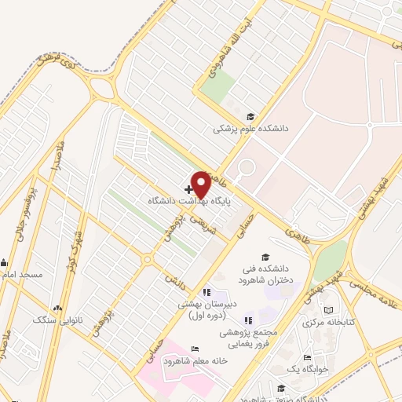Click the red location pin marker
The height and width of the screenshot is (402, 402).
201,184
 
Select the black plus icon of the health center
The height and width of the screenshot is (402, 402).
188,189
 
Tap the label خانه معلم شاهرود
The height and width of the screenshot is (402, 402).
194,360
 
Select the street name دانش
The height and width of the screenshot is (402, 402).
172,277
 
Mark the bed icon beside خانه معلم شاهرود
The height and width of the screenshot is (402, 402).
195,349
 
